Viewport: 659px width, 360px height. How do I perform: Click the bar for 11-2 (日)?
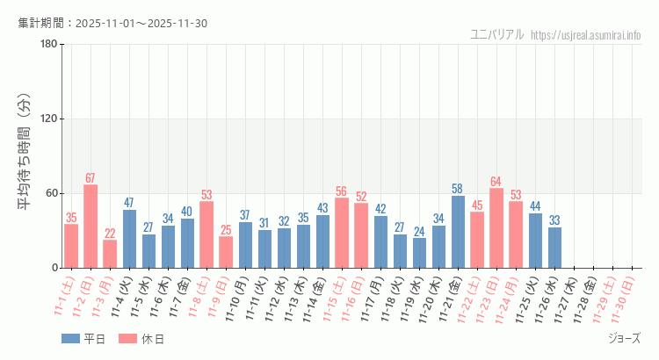click(91, 227)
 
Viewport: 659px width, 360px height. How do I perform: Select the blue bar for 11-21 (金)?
click(458, 232)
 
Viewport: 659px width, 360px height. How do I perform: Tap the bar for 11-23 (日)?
click(496, 228)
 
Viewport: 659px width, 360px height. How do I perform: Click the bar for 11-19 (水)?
click(419, 253)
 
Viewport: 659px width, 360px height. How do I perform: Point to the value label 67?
click(91, 178)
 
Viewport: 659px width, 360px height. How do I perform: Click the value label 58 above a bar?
click(458, 189)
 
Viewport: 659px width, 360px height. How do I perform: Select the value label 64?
click(496, 182)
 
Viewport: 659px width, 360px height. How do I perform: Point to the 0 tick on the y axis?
click(54, 268)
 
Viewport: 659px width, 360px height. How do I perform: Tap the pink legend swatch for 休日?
click(128, 339)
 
